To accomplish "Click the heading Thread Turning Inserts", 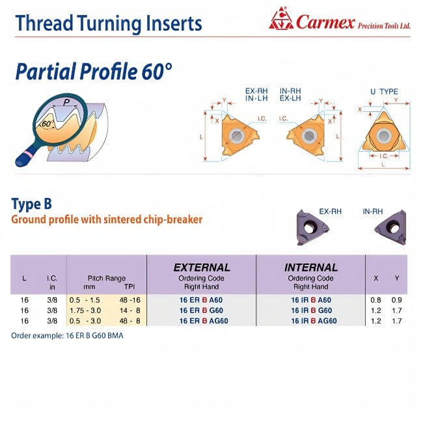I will (x=108, y=23).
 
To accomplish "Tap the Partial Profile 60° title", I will (x=95, y=70).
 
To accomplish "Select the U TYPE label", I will (x=384, y=92).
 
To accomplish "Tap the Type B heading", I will (x=31, y=204).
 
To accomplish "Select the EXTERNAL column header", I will (x=201, y=267).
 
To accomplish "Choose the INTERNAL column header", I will (x=310, y=267).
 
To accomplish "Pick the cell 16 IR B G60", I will (x=310, y=310).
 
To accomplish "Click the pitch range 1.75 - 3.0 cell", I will (x=92, y=310).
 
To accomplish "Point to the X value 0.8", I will (x=376, y=300).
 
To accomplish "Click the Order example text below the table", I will (x=67, y=335).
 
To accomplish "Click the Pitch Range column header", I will (x=106, y=278).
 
